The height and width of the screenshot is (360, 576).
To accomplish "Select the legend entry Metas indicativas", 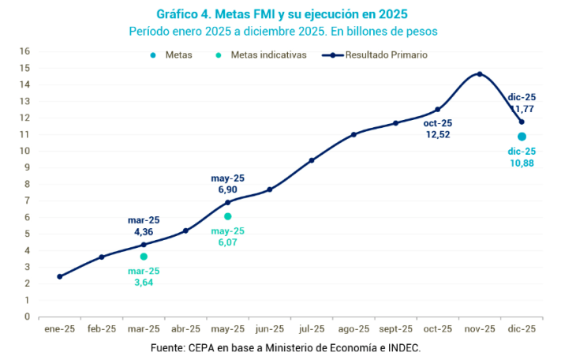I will [267, 55].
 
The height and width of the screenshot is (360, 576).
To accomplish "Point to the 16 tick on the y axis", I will [24, 51].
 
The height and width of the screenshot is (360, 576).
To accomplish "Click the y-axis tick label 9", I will [26, 167].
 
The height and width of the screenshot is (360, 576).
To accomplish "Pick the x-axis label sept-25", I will [395, 329].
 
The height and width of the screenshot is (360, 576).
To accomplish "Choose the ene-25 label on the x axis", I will [59, 329].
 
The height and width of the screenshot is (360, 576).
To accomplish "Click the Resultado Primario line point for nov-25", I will [480, 74].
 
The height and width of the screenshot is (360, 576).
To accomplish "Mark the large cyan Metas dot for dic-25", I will [522, 137].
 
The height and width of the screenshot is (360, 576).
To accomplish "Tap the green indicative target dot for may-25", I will [227, 216].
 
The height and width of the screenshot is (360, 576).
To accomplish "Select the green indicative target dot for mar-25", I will [144, 257].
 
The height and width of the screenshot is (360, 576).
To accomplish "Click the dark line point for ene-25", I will [60, 276].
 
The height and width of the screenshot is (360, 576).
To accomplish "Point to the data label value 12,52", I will [437, 136].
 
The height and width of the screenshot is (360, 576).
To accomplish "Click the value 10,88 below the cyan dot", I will [522, 163].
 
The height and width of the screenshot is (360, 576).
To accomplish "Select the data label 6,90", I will [227, 190].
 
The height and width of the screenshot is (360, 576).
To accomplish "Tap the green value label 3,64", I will [144, 283].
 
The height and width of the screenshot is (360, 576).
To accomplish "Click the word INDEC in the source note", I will [404, 348].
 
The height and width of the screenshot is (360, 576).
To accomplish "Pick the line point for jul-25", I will [312, 160].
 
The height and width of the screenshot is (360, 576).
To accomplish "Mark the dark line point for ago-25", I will [353, 134].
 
